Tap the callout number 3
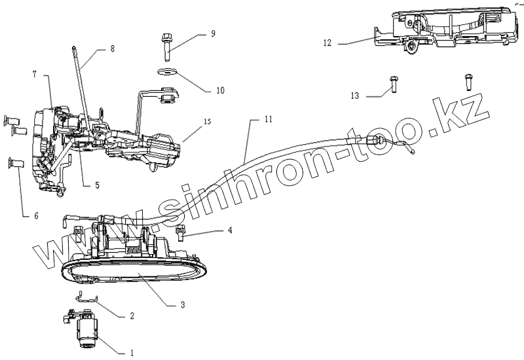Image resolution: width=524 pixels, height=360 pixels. [x=183, y=305]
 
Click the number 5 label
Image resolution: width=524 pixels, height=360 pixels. [x=97, y=185]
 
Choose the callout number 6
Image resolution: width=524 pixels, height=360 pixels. [x=26, y=215]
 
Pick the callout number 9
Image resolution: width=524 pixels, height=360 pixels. [x=212, y=33]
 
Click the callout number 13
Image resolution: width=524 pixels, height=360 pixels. [x=355, y=96]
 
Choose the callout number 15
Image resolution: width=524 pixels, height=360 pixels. [x=207, y=122]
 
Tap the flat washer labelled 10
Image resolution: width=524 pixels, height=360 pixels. [x=166, y=73]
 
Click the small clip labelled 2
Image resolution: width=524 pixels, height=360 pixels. [x=84, y=297]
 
